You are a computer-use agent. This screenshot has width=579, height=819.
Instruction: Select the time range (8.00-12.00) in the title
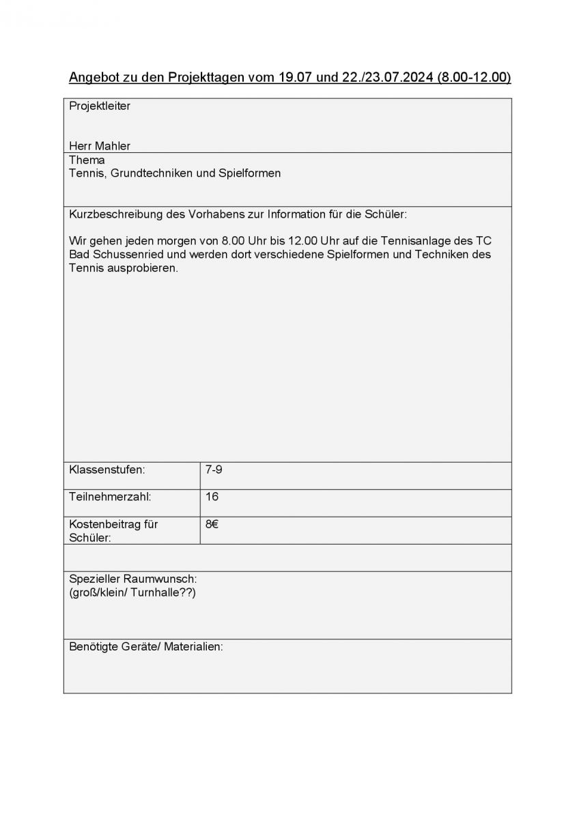click(x=474, y=77)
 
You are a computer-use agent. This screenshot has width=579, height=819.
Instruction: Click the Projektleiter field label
click(x=100, y=106)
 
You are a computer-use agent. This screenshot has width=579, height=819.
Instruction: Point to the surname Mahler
click(x=113, y=146)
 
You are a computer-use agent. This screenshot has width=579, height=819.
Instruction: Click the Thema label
click(x=87, y=160)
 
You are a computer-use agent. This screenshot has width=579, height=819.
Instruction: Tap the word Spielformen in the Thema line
click(x=249, y=173)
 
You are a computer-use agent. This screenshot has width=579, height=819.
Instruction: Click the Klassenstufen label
click(x=107, y=470)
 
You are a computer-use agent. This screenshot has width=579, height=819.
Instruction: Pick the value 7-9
click(x=214, y=470)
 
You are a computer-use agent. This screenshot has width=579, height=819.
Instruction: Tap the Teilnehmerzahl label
click(x=110, y=497)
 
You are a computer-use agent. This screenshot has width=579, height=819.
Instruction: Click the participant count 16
click(x=212, y=497)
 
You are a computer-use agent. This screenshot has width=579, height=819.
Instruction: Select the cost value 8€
click(x=212, y=524)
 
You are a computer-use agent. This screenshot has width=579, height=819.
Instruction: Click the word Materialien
click(x=193, y=646)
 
